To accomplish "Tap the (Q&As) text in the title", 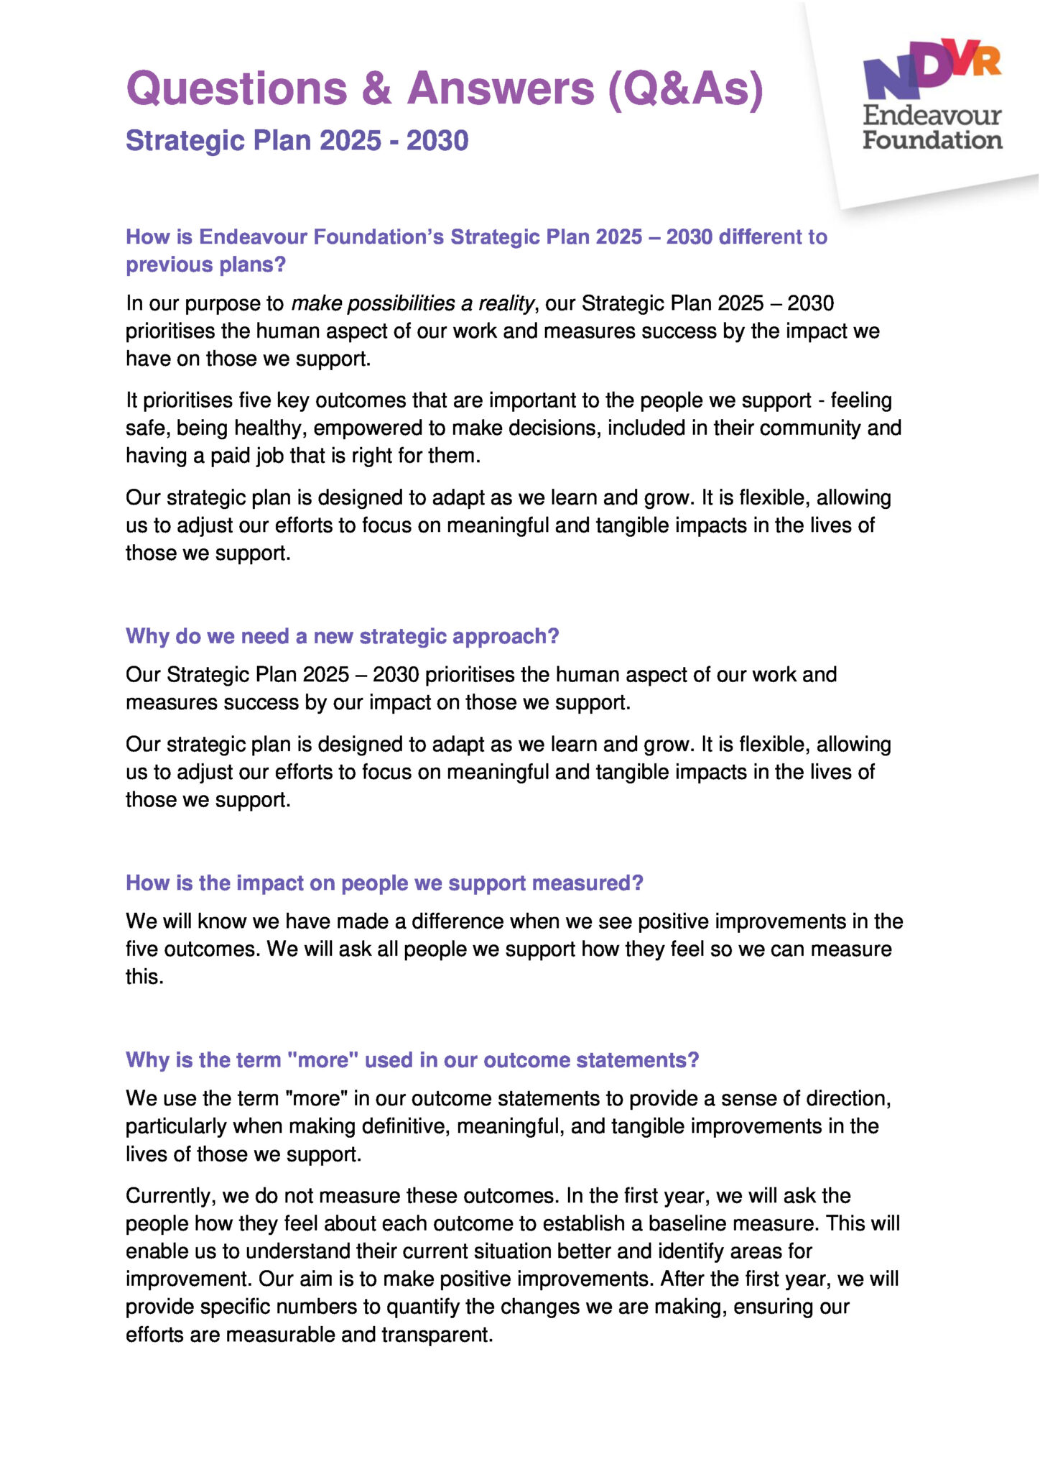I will coord(685,88).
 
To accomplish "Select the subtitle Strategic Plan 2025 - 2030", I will coord(297,141).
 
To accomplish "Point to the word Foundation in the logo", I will coord(932,139).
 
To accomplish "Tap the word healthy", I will coord(274,428).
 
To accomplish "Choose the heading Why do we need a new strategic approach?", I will coord(342,636).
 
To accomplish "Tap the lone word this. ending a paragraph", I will coord(144,977).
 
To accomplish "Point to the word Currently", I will coord(170,1196).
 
